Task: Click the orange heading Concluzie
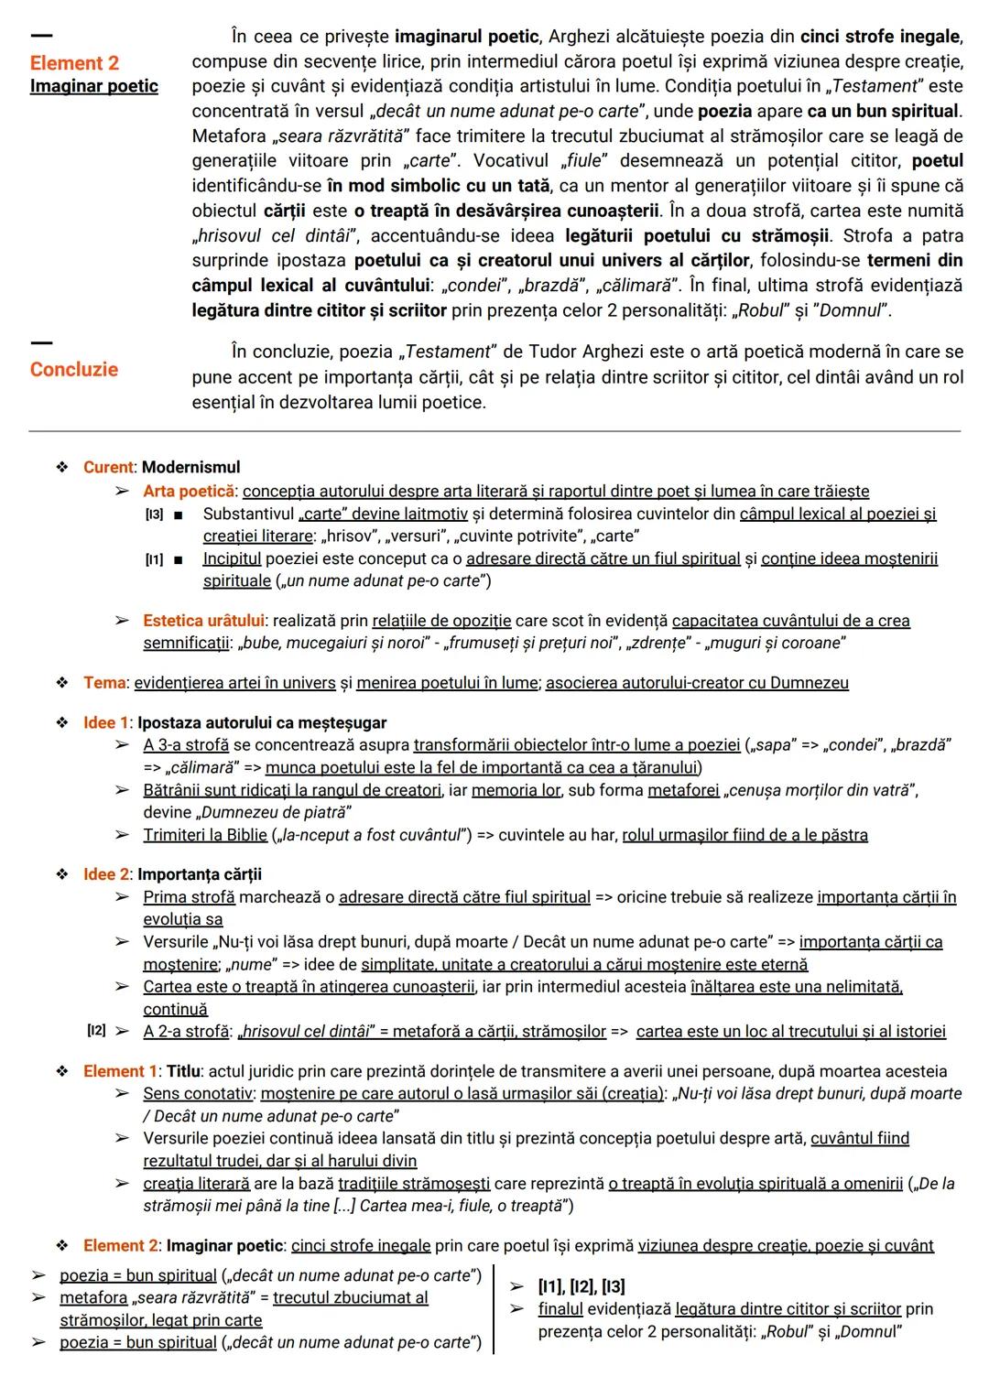[73, 370]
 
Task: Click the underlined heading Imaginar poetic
[93, 86]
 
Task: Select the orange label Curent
[108, 467]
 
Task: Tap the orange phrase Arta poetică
[188, 491]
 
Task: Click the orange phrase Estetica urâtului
[203, 621]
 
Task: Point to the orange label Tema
[103, 683]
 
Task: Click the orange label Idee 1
[107, 723]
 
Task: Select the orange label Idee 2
[107, 874]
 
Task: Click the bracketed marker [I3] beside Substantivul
[154, 515]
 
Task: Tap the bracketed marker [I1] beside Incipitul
[154, 559]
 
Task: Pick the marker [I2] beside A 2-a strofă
[96, 1031]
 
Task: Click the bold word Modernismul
[190, 467]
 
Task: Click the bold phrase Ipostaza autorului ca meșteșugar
[262, 723]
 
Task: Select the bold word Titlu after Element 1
[181, 1071]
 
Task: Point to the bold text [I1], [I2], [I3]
[581, 1286]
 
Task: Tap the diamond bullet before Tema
[62, 683]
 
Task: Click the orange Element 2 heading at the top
[74, 63]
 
